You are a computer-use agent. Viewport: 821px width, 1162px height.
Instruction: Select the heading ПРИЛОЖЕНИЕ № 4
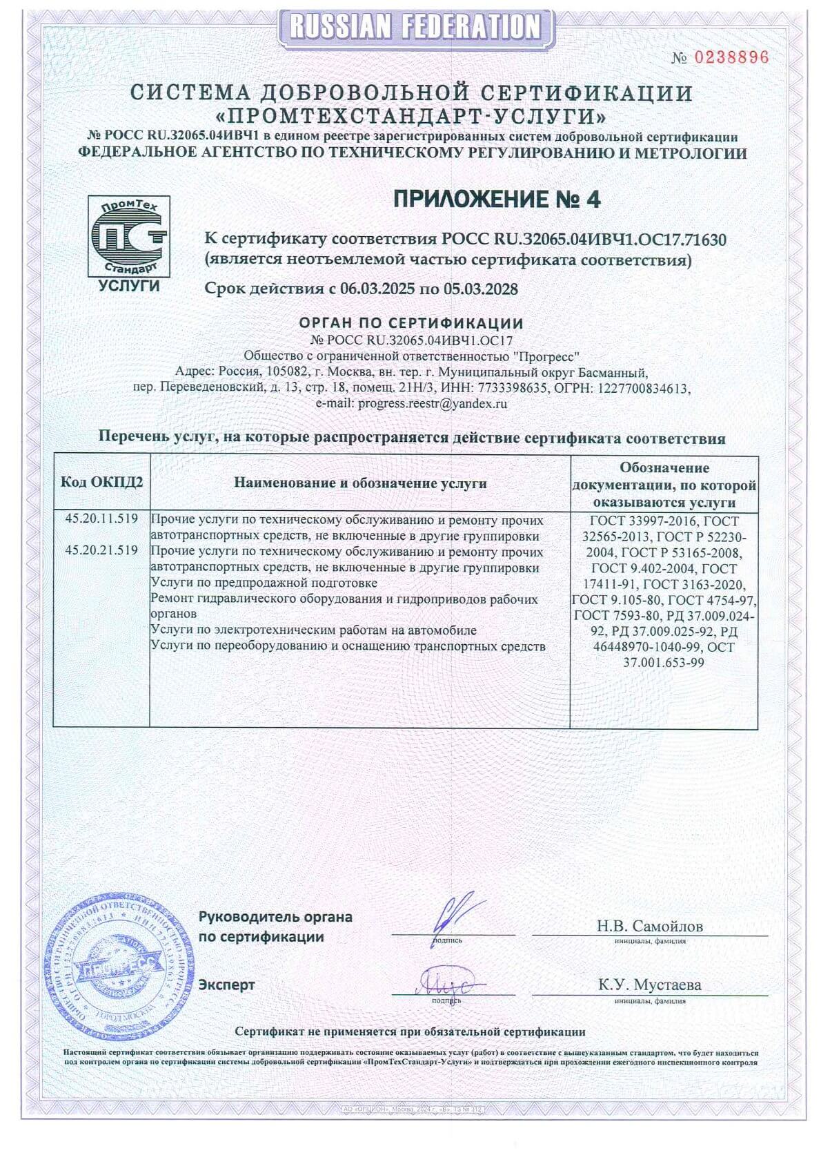coord(497,200)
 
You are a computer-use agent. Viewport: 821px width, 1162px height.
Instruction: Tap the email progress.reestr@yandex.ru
coord(433,404)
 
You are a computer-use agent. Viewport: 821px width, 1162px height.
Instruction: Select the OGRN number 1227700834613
coord(645,389)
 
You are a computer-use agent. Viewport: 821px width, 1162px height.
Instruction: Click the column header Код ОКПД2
coord(102,483)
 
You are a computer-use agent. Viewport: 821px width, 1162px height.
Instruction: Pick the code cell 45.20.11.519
coord(101,519)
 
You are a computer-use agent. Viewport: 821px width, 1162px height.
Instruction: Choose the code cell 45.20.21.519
coord(101,551)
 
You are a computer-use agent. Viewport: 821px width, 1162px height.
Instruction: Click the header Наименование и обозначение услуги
coord(360,483)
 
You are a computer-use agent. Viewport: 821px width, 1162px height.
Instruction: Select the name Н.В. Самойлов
coord(649,927)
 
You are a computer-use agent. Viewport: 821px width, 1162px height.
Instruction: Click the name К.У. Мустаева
coord(649,985)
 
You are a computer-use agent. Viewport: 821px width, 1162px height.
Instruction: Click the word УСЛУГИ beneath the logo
coord(129,286)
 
